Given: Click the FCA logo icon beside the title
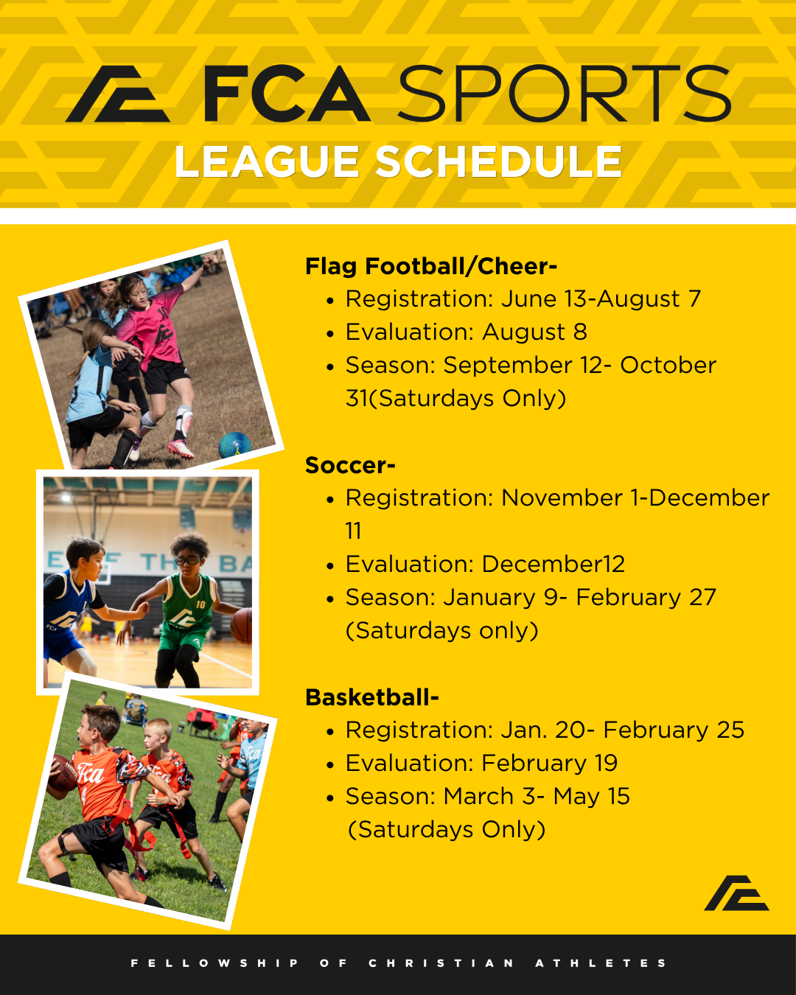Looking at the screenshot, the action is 118,94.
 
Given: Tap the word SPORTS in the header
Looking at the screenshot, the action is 565,94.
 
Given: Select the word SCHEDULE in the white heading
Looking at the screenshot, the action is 498,161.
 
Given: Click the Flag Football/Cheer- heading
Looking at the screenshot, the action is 431,267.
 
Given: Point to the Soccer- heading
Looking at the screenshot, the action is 350,465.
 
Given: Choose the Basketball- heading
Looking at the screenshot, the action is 372,697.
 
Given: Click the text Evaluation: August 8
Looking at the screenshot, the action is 467,332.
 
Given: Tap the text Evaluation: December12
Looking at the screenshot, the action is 485,564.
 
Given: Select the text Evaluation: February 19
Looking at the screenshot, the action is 481,763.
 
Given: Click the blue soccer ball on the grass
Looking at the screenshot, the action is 235,444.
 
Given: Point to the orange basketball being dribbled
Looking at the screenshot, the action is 242,626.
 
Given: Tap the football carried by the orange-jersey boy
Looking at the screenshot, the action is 63,772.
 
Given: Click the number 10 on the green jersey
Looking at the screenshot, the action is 200,604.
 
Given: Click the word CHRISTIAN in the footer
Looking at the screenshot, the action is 441,963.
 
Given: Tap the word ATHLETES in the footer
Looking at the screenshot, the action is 601,963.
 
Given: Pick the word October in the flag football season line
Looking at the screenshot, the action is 668,366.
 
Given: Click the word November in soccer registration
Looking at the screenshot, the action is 562,498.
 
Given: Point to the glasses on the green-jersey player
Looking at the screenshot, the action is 188,561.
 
